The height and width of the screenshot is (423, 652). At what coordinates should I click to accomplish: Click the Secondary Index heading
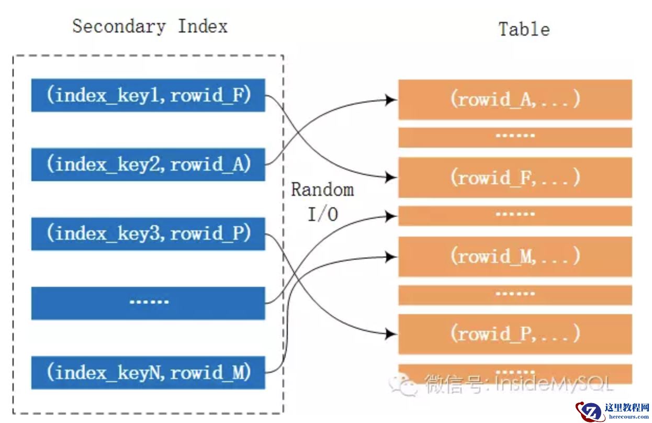coord(150,26)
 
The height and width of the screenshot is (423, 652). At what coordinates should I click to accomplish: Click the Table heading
coord(524,29)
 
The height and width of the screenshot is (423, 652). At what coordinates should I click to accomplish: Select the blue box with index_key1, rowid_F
coord(148,95)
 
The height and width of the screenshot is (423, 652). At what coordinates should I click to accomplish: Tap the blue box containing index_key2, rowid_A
coord(148,164)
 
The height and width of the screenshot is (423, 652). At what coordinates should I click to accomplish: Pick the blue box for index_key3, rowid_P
coord(148,233)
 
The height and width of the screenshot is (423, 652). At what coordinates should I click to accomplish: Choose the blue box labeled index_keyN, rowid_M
coord(148,372)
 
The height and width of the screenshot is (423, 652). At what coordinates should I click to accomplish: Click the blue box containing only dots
coord(148,303)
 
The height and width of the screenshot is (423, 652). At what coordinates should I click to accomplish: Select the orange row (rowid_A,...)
coord(515,99)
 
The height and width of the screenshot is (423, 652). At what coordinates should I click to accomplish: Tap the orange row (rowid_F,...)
coord(515,177)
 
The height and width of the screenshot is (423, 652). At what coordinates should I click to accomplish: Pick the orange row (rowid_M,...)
coord(515,256)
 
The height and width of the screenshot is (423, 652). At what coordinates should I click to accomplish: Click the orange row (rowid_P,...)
coord(515,333)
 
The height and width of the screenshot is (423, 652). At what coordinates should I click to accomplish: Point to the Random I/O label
coord(322,201)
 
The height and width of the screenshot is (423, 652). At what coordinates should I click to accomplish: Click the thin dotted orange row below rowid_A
coord(515,137)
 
